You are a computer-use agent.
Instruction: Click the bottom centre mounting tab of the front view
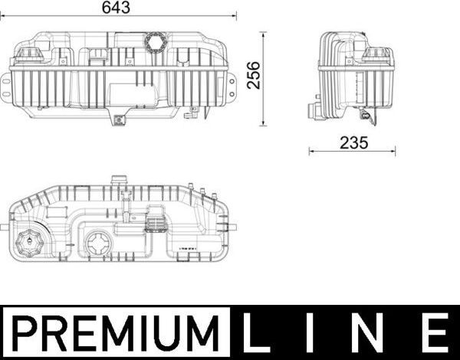[119, 119]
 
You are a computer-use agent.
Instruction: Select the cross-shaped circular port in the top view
[99, 245]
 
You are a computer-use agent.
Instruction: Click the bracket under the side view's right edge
[369, 117]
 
